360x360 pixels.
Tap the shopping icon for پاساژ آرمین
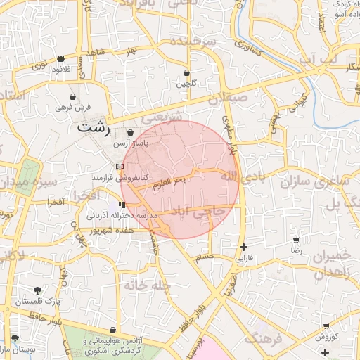(131, 131)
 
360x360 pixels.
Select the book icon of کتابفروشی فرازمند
(120, 166)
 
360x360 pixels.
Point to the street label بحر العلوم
(170, 181)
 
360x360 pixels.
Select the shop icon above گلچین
(186, 72)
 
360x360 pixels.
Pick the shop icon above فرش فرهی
(73, 96)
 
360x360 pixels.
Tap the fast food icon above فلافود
(61, 58)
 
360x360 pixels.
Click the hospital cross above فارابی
(243, 247)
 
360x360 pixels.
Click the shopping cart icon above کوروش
(327, 326)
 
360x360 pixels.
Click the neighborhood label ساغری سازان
(316, 182)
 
